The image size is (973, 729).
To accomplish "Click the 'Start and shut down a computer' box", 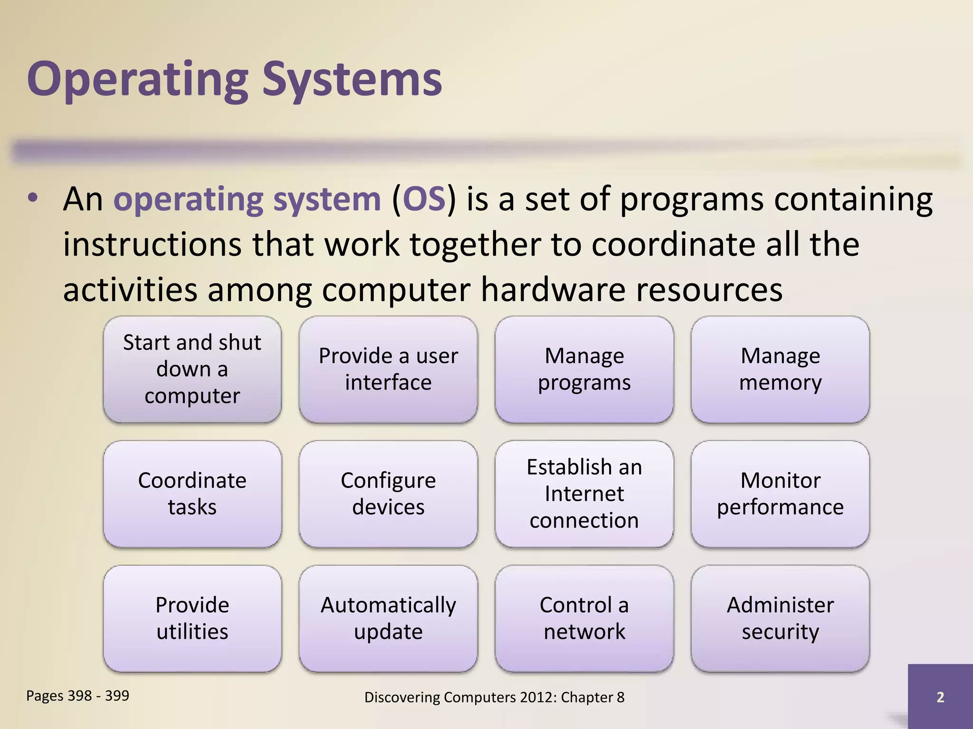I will click(x=192, y=369).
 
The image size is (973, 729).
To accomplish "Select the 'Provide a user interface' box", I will click(x=388, y=369).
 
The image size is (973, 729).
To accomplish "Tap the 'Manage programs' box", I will click(x=584, y=369).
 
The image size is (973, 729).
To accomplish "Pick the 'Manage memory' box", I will click(x=780, y=369).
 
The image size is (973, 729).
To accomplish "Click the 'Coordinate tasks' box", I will click(x=192, y=494).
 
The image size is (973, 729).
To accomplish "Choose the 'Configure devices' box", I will click(x=388, y=494).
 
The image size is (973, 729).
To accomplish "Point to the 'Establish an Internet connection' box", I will click(x=584, y=494).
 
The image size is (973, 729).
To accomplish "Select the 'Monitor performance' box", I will click(x=780, y=494).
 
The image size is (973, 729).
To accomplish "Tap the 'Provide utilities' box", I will click(x=192, y=618).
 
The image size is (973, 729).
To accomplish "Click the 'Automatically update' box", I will click(x=388, y=618).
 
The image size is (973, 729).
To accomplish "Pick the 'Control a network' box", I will click(x=584, y=618).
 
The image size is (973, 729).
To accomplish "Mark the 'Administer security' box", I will click(x=780, y=618).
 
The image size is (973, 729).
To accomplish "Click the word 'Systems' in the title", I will click(x=352, y=80).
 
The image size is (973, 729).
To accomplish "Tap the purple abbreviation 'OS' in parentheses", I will click(x=424, y=199).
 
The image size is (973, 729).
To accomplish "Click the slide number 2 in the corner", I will click(x=940, y=697).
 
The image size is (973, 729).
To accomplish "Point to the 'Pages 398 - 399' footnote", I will click(x=77, y=695).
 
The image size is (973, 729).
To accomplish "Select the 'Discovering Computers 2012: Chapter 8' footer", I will click(x=494, y=697).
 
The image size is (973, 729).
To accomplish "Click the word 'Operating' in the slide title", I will click(x=138, y=80).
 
